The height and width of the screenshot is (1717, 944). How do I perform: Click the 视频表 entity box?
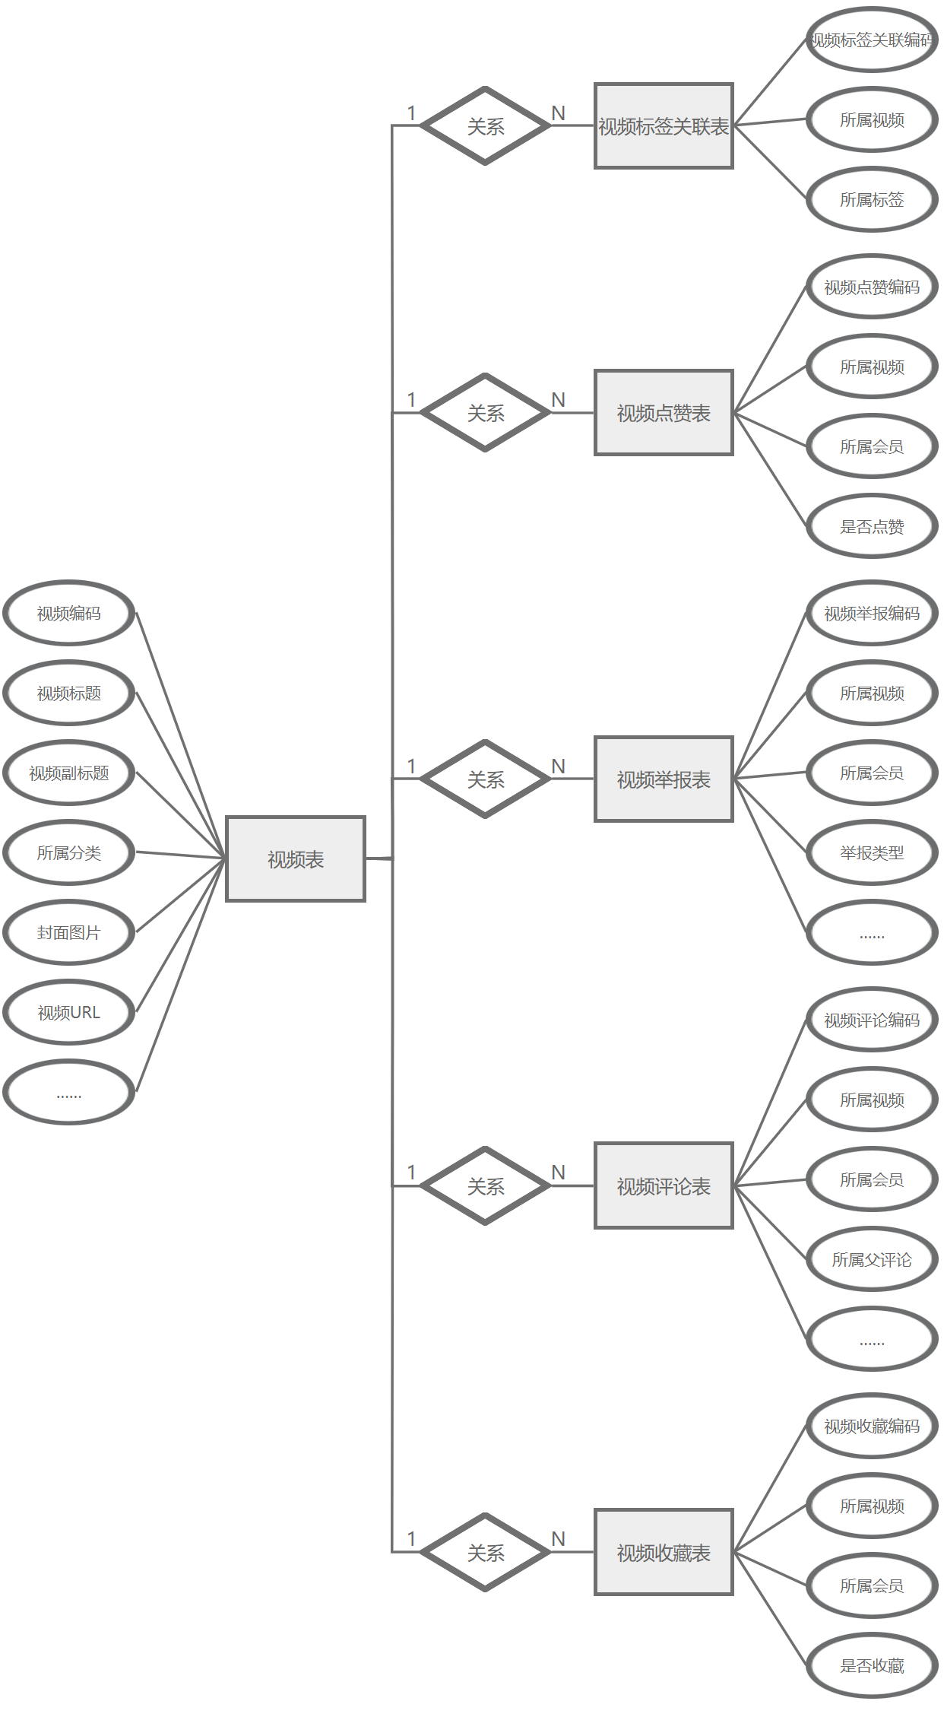296,859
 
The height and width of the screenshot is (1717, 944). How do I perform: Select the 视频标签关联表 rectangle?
663,125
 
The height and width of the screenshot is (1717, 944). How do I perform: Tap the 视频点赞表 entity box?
663,412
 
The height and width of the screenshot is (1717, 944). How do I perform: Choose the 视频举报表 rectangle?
663,779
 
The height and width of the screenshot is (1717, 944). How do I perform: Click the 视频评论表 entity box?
663,1185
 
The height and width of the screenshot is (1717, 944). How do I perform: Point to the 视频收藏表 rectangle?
663,1552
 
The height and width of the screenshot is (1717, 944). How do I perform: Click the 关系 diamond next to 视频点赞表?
485,412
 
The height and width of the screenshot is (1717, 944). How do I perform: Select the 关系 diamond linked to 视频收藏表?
485,1552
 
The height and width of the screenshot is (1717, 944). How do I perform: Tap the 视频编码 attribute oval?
69,613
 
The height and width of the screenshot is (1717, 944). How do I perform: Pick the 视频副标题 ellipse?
69,773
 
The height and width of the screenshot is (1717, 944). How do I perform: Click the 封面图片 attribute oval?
69,932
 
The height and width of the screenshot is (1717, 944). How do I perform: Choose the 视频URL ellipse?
69,1012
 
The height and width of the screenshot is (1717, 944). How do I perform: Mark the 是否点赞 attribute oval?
872,526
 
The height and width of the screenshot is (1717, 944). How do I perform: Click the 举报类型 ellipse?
872,852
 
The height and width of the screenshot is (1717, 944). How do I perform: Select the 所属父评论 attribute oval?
872,1259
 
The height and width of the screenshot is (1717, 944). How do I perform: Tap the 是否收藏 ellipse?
872,1665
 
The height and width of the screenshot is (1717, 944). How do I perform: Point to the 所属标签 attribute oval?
872,199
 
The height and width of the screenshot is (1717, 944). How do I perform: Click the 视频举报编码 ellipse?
872,613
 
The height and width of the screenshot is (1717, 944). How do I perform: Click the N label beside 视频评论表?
559,1172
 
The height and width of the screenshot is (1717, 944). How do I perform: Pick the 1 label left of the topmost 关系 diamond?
411,113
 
